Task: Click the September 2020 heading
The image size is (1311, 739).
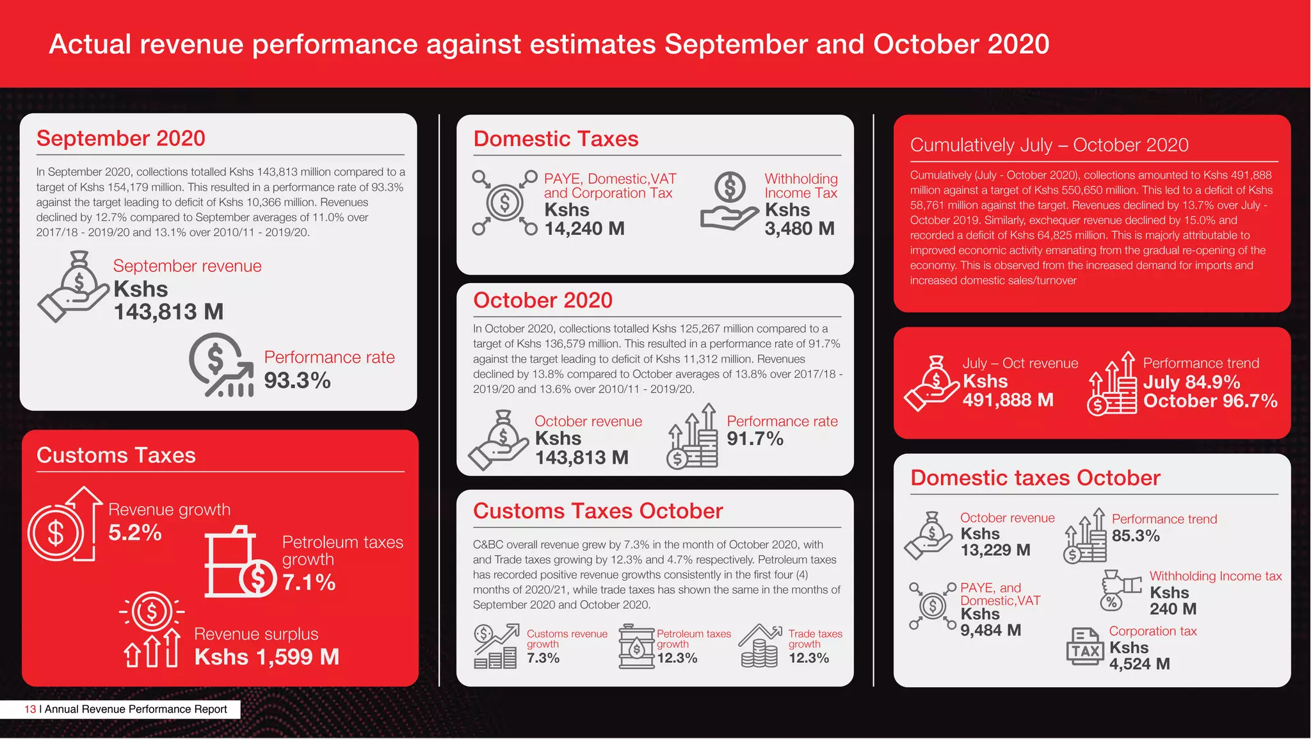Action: (x=121, y=138)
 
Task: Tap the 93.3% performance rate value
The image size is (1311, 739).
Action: (x=297, y=380)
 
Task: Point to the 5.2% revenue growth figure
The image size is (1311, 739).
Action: (x=134, y=532)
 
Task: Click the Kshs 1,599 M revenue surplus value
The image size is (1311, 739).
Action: (x=266, y=656)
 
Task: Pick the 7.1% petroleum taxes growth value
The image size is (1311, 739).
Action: (x=309, y=582)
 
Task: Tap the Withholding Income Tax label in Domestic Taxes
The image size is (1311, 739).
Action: (x=801, y=186)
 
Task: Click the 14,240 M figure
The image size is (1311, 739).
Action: (x=584, y=228)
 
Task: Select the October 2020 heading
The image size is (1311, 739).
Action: (x=543, y=300)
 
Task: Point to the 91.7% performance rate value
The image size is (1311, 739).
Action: (x=755, y=439)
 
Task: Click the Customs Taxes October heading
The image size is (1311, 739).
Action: (x=598, y=510)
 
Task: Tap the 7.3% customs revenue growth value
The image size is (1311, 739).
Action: (x=543, y=658)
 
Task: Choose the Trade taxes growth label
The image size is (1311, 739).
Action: (x=815, y=638)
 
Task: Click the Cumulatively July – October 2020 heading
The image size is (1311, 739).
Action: (x=1049, y=145)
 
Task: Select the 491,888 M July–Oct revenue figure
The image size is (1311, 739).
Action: (x=1008, y=400)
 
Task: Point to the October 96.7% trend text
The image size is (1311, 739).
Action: (x=1210, y=401)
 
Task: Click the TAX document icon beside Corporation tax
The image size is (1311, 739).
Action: (x=1085, y=647)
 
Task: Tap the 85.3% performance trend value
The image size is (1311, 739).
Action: (x=1136, y=535)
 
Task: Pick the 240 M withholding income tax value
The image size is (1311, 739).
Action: (x=1173, y=608)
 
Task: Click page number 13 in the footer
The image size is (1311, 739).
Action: (x=30, y=709)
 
